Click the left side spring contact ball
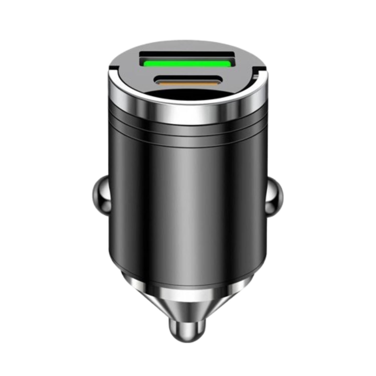(100, 194)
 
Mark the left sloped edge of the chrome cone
(140, 301)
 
